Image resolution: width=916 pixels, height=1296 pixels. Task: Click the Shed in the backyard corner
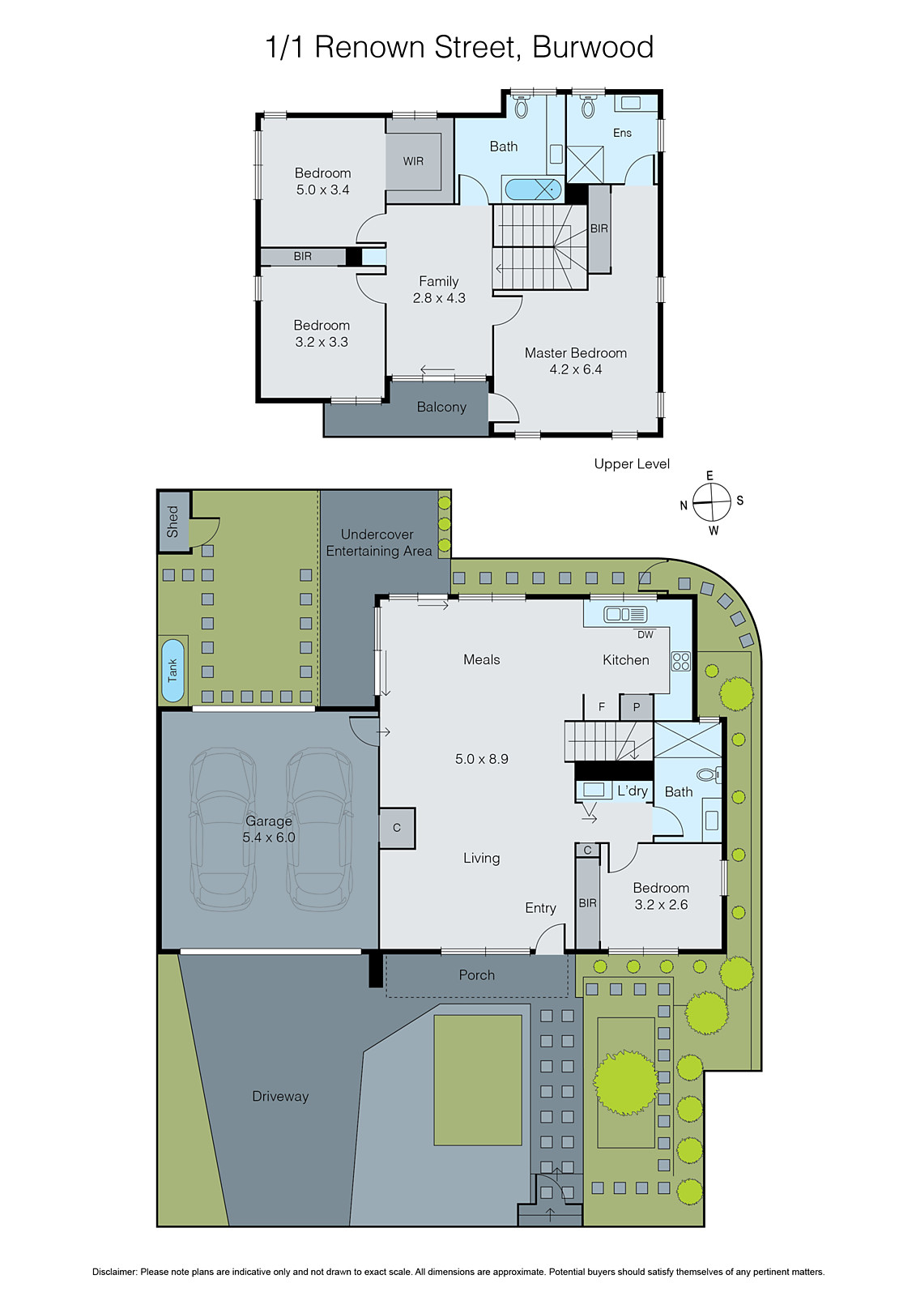(173, 522)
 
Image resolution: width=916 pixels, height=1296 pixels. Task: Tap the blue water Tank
(173, 671)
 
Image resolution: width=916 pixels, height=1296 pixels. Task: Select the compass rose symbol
(712, 503)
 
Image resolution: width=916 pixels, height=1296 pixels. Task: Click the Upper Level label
(632, 464)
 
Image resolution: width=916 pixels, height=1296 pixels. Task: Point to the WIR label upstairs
(413, 161)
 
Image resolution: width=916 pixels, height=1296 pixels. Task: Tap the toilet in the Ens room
(588, 106)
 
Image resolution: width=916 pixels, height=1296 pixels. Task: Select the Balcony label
(441, 407)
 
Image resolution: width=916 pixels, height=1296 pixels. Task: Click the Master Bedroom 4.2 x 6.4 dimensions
(575, 369)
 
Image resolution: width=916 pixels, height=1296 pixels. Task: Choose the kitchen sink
(624, 614)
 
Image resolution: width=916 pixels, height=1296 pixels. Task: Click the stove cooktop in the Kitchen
(680, 661)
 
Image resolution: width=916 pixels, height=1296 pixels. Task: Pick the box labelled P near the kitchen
(637, 707)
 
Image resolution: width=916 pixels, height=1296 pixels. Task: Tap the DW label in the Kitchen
(645, 635)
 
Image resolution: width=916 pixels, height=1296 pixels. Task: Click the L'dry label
(633, 791)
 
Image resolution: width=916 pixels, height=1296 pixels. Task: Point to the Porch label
(476, 975)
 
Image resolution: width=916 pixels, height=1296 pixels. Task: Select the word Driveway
(280, 1097)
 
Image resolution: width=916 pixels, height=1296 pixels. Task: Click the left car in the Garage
(222, 830)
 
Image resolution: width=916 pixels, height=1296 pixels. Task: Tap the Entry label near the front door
(540, 908)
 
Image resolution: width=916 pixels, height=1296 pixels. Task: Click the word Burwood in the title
(593, 47)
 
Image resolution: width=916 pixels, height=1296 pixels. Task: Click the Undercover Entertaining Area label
(378, 543)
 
